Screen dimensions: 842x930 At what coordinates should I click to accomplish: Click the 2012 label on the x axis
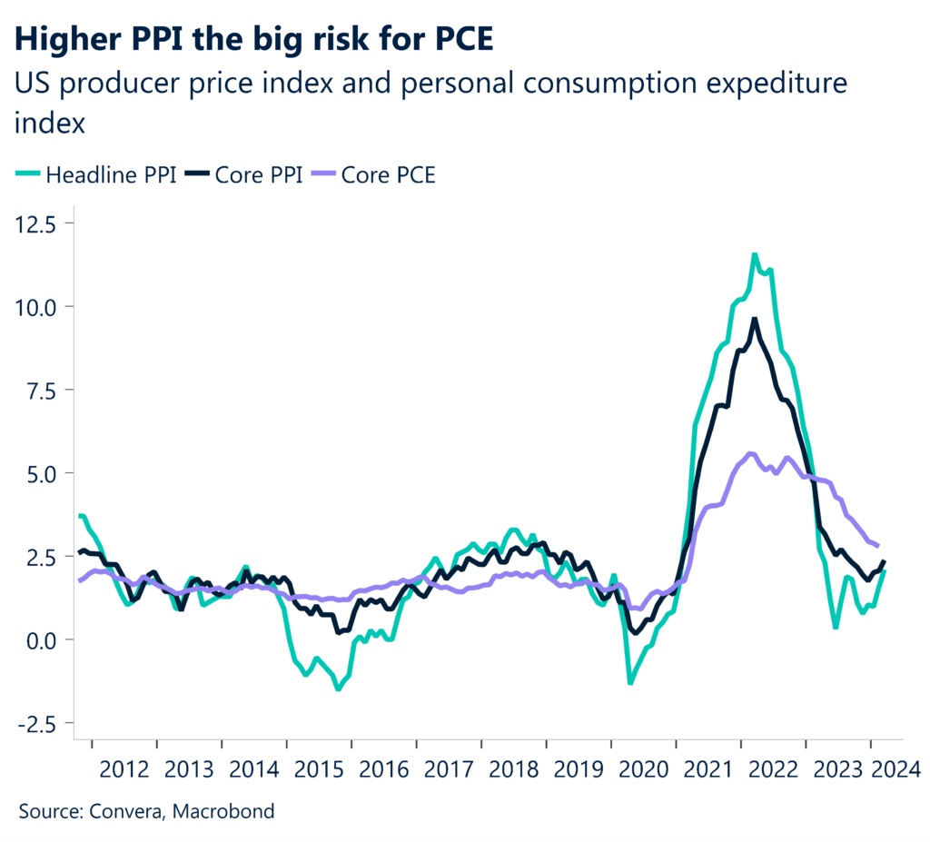coord(124,770)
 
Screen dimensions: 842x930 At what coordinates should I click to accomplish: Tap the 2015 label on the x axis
coord(319,770)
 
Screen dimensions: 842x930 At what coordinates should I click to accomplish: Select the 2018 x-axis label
coord(513,770)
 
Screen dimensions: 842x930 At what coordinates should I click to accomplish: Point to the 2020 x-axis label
coord(643,770)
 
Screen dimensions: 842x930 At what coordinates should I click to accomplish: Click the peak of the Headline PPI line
coord(754,255)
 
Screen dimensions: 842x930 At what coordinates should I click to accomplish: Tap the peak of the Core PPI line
coord(754,320)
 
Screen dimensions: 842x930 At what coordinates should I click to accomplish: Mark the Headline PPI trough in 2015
coord(338,688)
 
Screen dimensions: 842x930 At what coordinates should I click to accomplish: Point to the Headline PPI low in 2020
coord(630,682)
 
